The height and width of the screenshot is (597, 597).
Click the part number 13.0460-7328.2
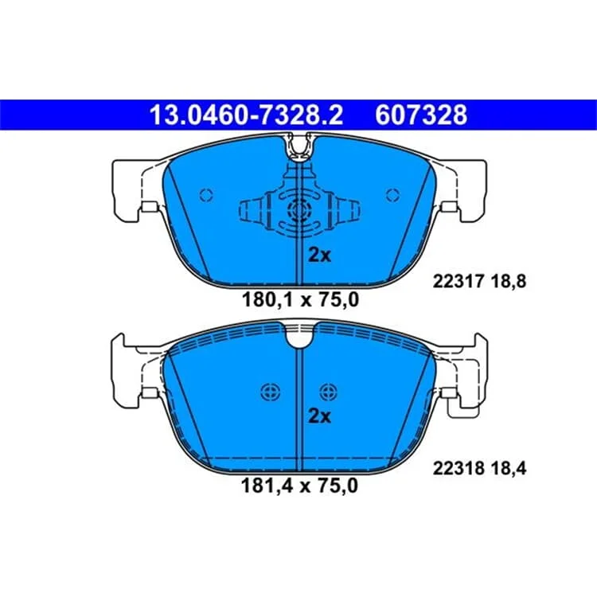click(x=246, y=115)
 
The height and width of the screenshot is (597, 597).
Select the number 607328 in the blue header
click(x=421, y=115)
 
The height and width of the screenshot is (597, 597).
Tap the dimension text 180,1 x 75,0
click(x=300, y=300)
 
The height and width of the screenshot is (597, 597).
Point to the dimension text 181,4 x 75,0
click(x=299, y=486)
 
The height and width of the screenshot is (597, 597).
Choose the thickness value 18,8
click(x=509, y=282)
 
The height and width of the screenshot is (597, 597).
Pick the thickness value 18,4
click(x=509, y=469)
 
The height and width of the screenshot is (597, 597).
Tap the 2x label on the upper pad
click(x=319, y=255)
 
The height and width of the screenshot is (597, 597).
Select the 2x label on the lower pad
click(x=319, y=416)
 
